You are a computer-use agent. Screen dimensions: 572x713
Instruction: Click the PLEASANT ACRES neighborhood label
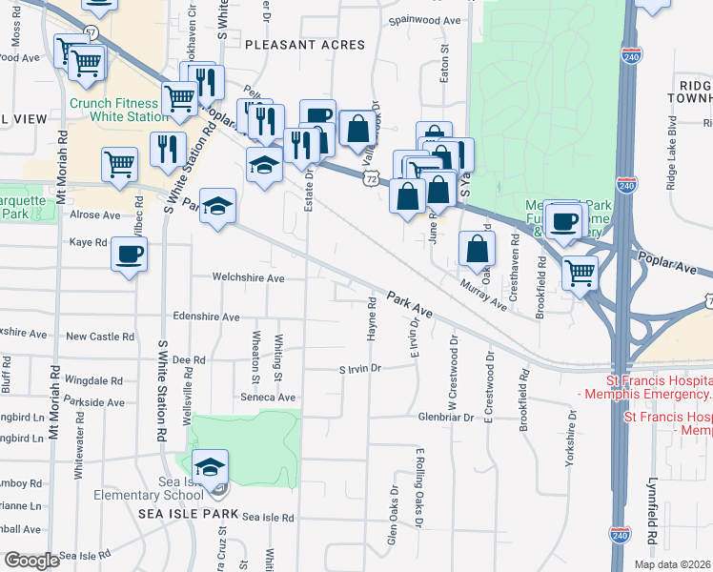(304, 45)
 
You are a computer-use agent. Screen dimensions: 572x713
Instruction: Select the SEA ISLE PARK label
(187, 513)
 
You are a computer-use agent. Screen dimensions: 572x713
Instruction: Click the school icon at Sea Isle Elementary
(210, 467)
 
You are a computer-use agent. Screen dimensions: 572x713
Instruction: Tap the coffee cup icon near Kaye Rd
(130, 255)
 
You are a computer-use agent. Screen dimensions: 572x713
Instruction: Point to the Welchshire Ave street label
(250, 278)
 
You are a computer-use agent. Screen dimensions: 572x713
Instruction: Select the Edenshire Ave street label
(206, 317)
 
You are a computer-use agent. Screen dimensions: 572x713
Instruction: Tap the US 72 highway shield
(371, 178)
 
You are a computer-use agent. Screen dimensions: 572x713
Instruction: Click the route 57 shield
(91, 31)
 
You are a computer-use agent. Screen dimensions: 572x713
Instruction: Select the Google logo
(31, 561)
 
